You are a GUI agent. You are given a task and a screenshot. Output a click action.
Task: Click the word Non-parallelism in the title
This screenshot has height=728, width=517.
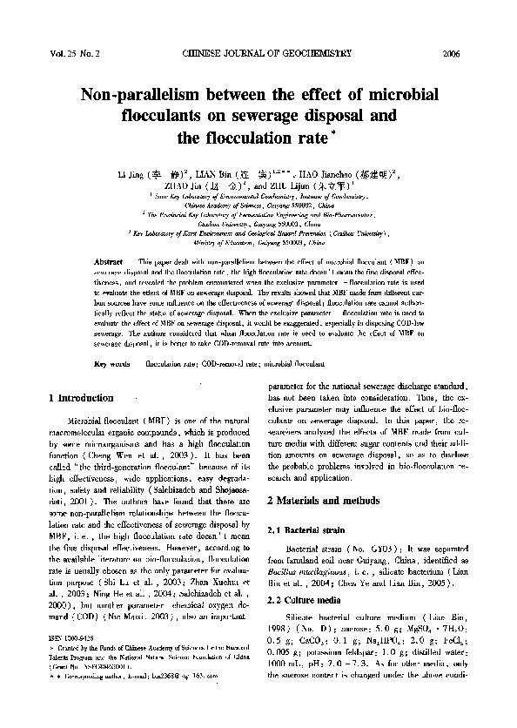141,93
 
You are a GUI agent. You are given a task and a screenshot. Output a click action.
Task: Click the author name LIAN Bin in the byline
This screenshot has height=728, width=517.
214,174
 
